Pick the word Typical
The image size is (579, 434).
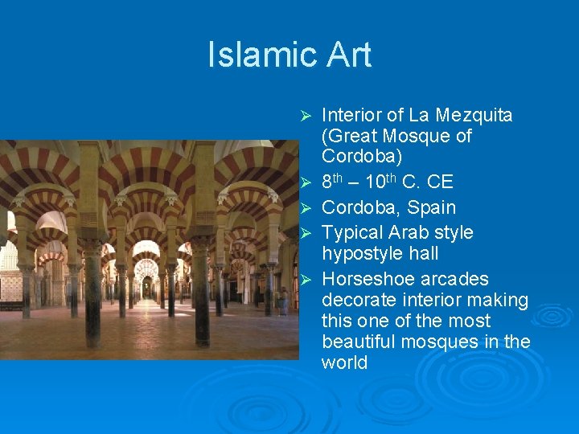click(x=353, y=232)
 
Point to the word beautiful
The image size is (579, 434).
click(x=360, y=342)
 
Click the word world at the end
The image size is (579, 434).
click(x=344, y=362)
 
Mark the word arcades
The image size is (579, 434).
click(x=458, y=279)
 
